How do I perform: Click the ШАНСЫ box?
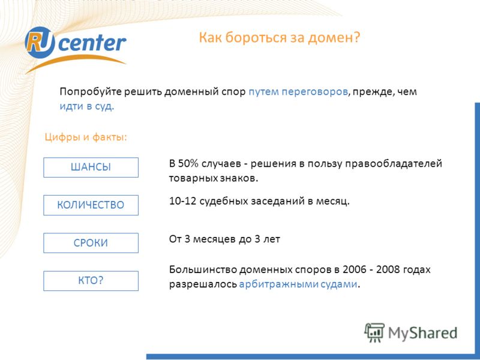pyautogui.click(x=91, y=167)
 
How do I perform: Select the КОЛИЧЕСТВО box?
pyautogui.click(x=91, y=205)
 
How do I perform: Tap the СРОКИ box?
pyautogui.click(x=91, y=243)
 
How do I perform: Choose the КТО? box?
pyautogui.click(x=91, y=281)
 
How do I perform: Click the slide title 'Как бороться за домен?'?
pyautogui.click(x=280, y=38)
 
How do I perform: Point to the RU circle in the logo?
pyautogui.click(x=40, y=42)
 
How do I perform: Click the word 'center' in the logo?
pyautogui.click(x=92, y=43)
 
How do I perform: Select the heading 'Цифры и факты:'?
pyautogui.click(x=86, y=137)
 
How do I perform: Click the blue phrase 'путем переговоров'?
pyautogui.click(x=298, y=92)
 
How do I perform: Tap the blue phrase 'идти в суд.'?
pyautogui.click(x=86, y=106)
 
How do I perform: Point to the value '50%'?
pyautogui.click(x=188, y=163)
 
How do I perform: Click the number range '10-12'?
pyautogui.click(x=182, y=201)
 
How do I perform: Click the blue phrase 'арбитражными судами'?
pyautogui.click(x=298, y=284)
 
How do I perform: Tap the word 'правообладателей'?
pyautogui.click(x=394, y=164)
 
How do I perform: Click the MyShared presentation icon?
pyautogui.click(x=374, y=332)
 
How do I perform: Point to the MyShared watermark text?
pyautogui.click(x=423, y=333)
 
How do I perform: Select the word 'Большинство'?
pyautogui.click(x=202, y=269)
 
